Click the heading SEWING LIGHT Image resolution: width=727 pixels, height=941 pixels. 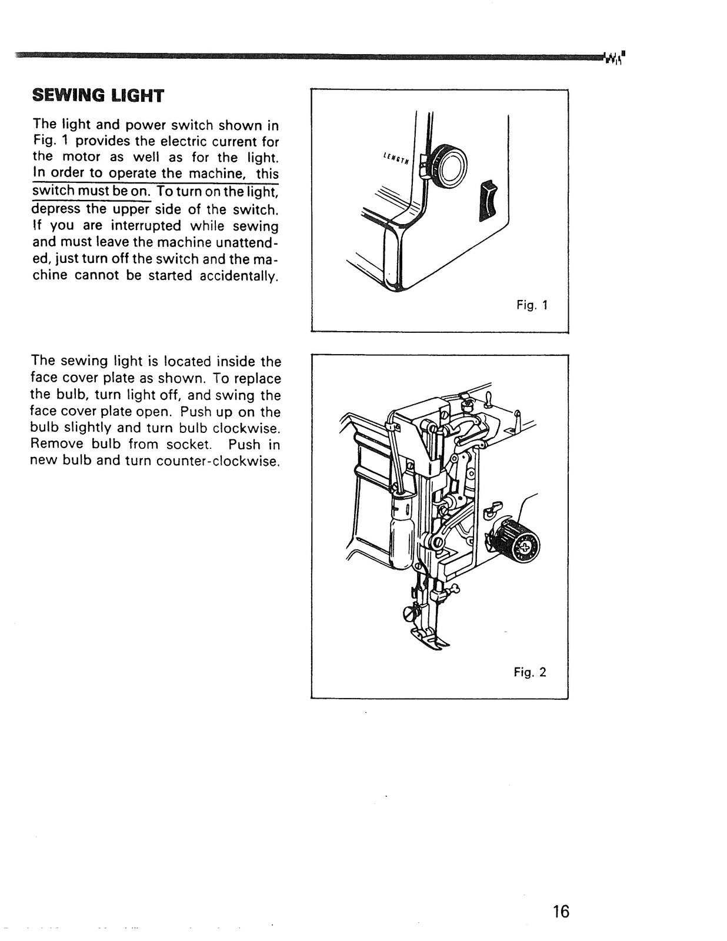[x=98, y=96]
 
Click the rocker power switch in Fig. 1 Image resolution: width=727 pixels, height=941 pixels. [x=489, y=202]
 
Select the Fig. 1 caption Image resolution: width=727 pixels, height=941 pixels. [x=532, y=305]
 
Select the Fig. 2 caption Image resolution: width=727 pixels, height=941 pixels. [x=530, y=672]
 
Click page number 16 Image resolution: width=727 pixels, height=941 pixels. [x=561, y=912]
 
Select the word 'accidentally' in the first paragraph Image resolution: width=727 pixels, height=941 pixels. [x=238, y=276]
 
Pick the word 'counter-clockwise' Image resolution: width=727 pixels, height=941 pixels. [x=217, y=461]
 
